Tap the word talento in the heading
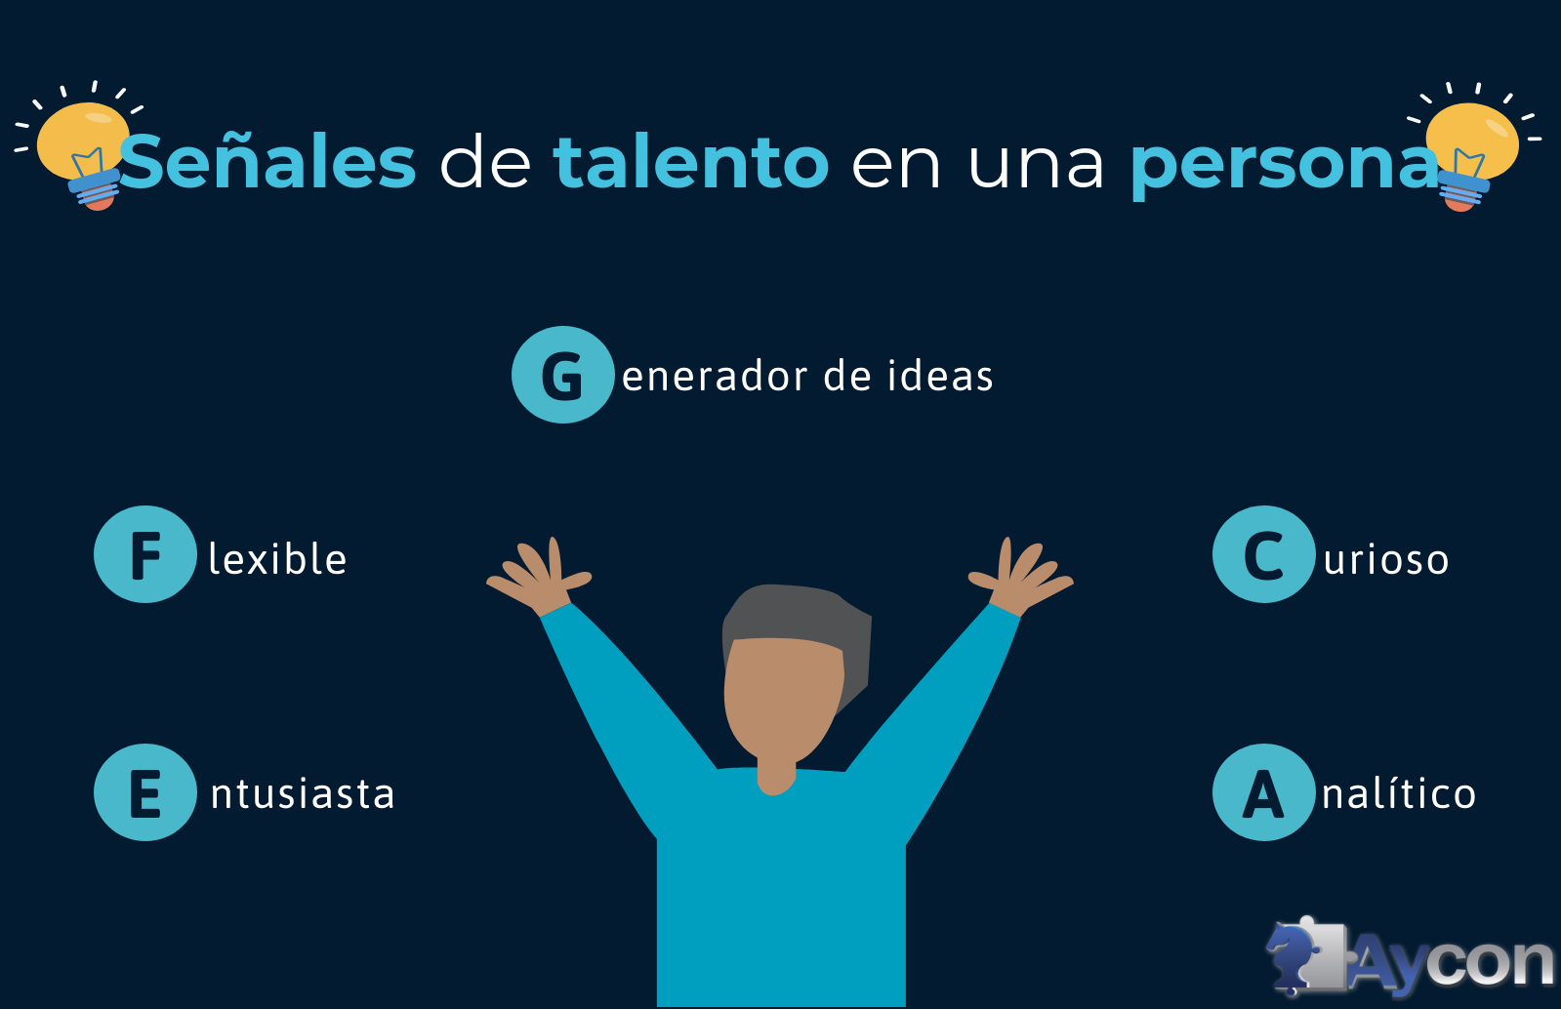tap(691, 162)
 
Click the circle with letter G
tap(562, 375)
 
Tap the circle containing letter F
tap(145, 554)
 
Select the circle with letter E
tap(145, 792)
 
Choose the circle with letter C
tap(1263, 554)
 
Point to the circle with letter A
tap(1263, 792)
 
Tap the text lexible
tap(277, 559)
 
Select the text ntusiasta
tap(303, 793)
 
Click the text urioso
tap(1386, 560)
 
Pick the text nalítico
tap(1399, 793)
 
